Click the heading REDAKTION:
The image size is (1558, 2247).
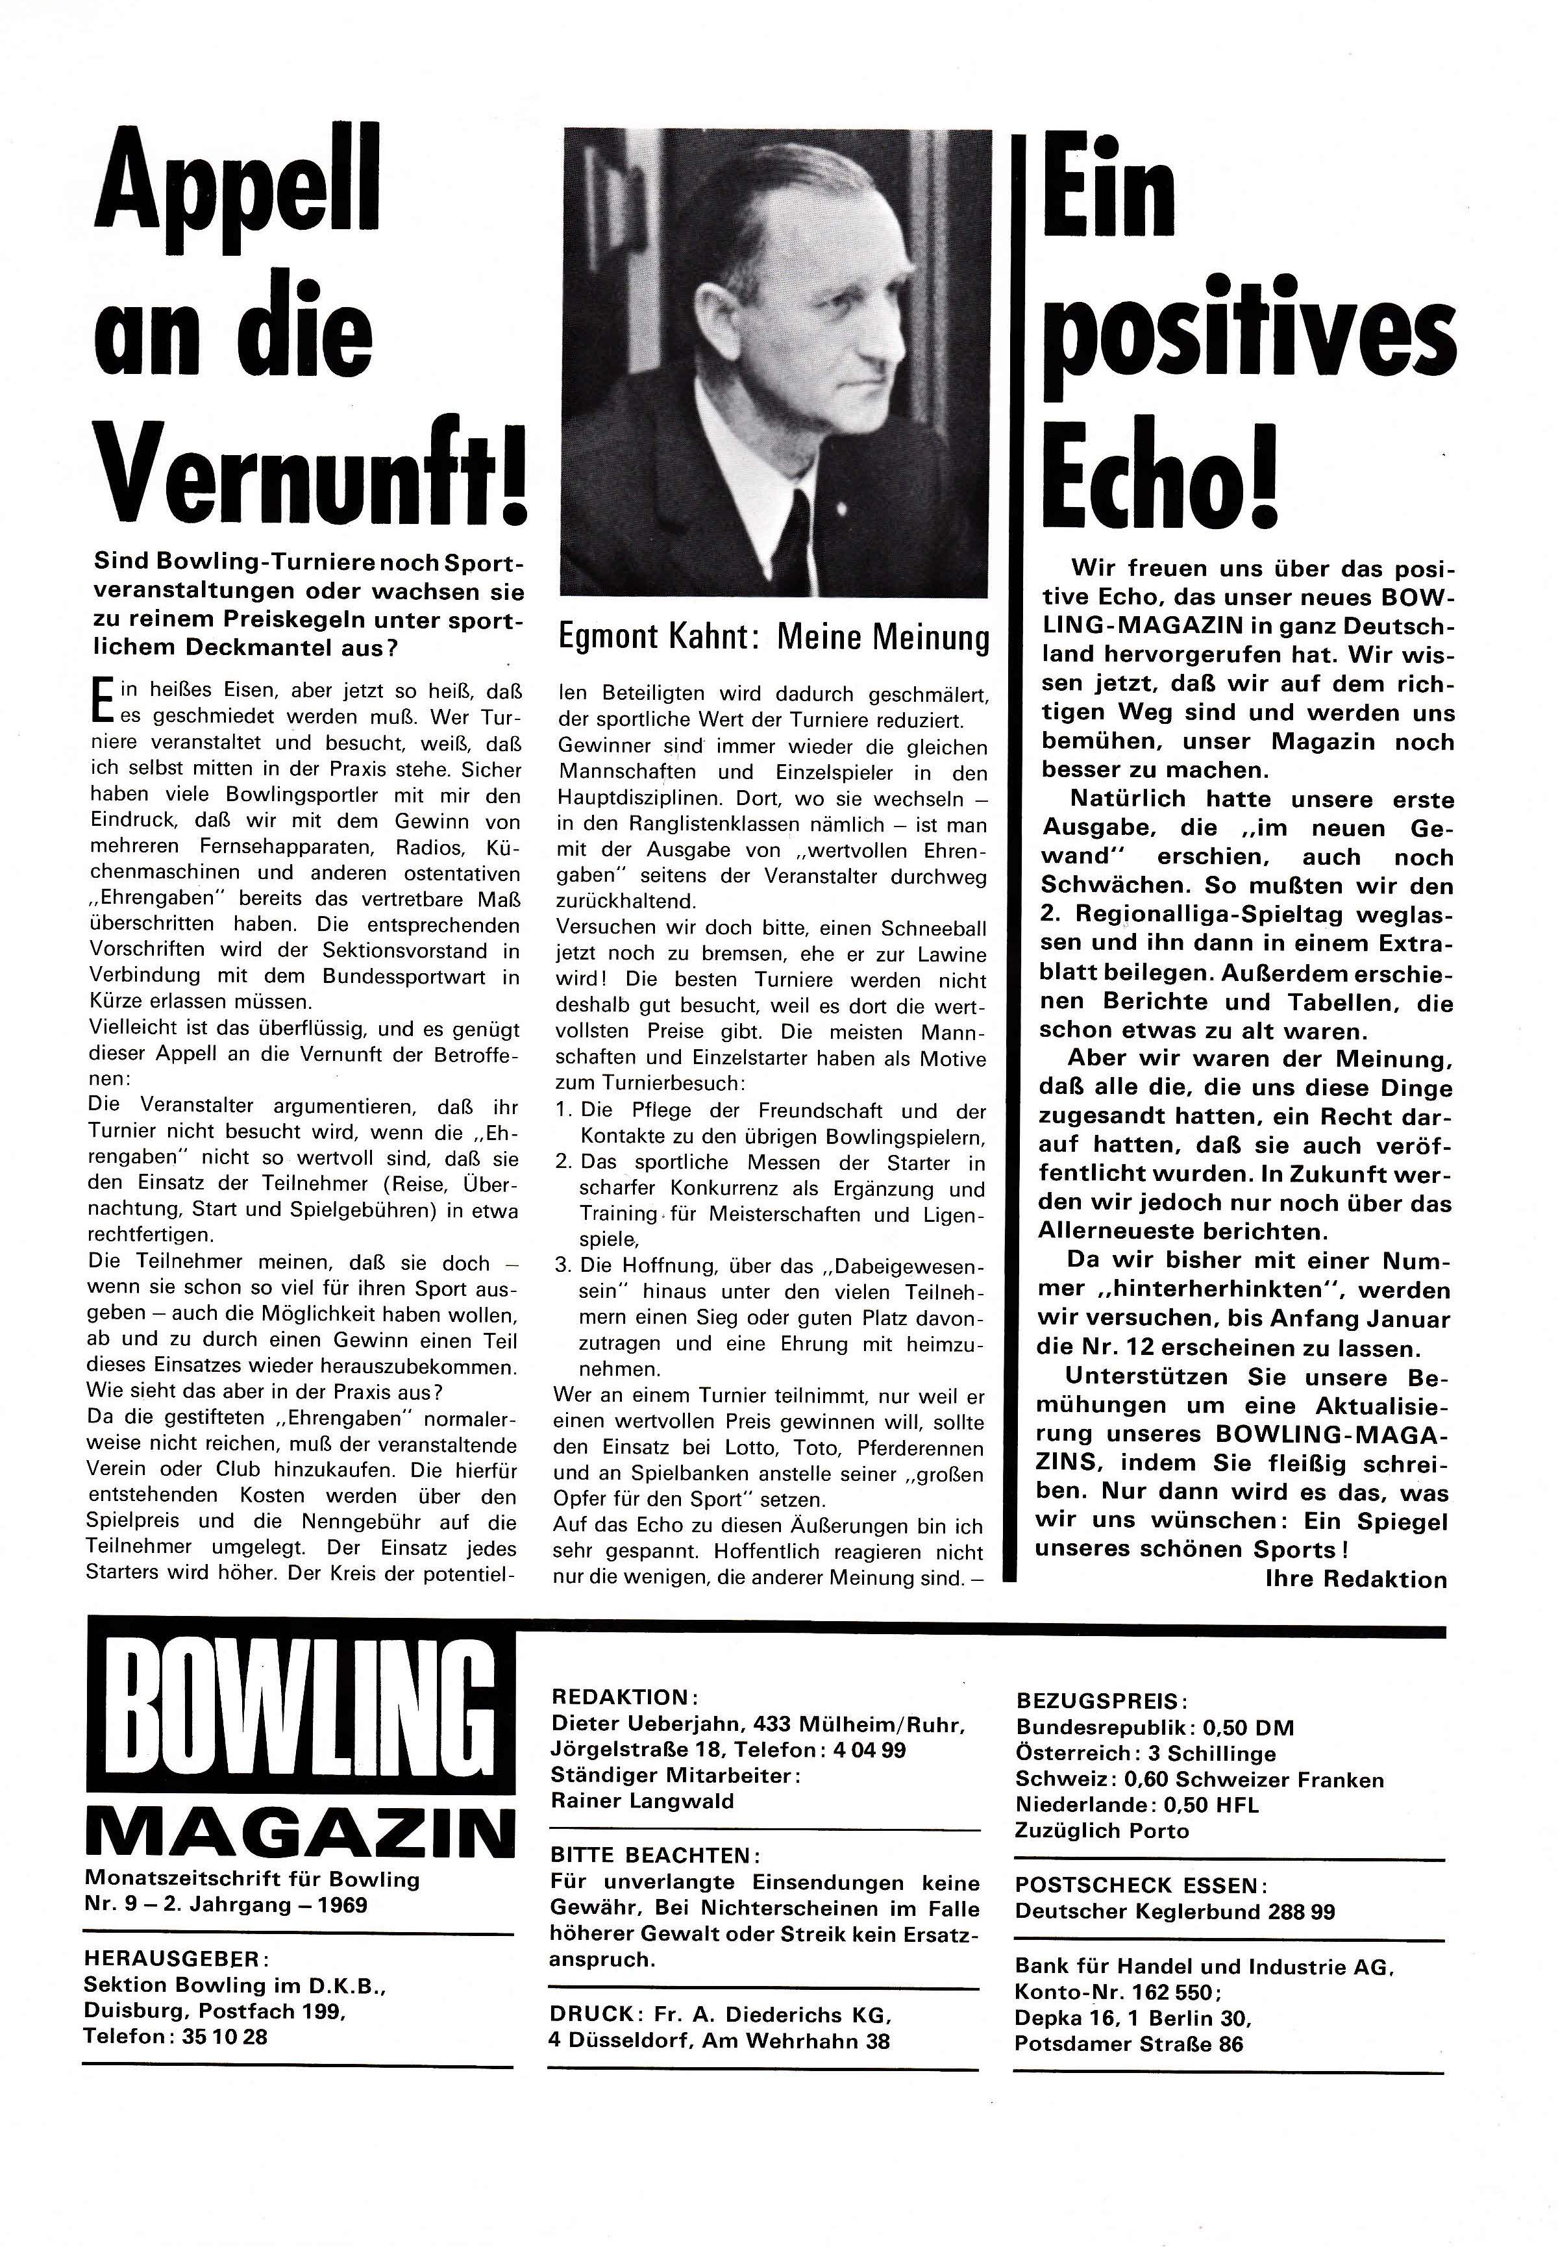pos(624,1696)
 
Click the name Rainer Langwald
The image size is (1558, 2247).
pos(641,1801)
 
